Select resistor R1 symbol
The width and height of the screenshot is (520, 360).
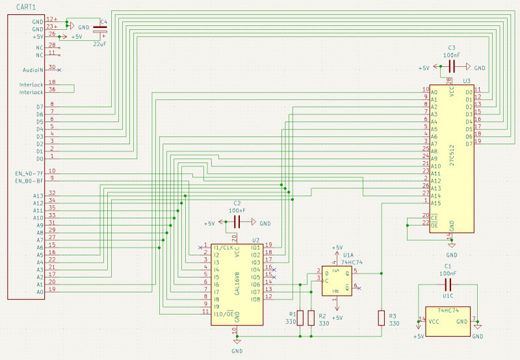[300, 318]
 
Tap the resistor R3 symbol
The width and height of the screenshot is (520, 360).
[381, 318]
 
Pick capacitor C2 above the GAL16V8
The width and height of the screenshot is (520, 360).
[237, 223]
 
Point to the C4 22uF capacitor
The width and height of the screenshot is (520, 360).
[99, 30]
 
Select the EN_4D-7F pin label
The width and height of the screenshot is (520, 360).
[29, 174]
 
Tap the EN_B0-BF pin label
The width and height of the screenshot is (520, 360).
[29, 181]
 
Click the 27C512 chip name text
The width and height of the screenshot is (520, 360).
[461, 156]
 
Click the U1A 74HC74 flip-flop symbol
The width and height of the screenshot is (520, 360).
[337, 281]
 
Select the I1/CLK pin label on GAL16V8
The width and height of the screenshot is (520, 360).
[223, 247]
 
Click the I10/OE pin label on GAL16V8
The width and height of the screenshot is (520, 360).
[223, 313]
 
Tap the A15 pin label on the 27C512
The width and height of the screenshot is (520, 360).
[435, 203]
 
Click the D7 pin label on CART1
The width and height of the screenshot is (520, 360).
[39, 107]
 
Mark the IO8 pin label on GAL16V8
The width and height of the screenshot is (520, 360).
[255, 298]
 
